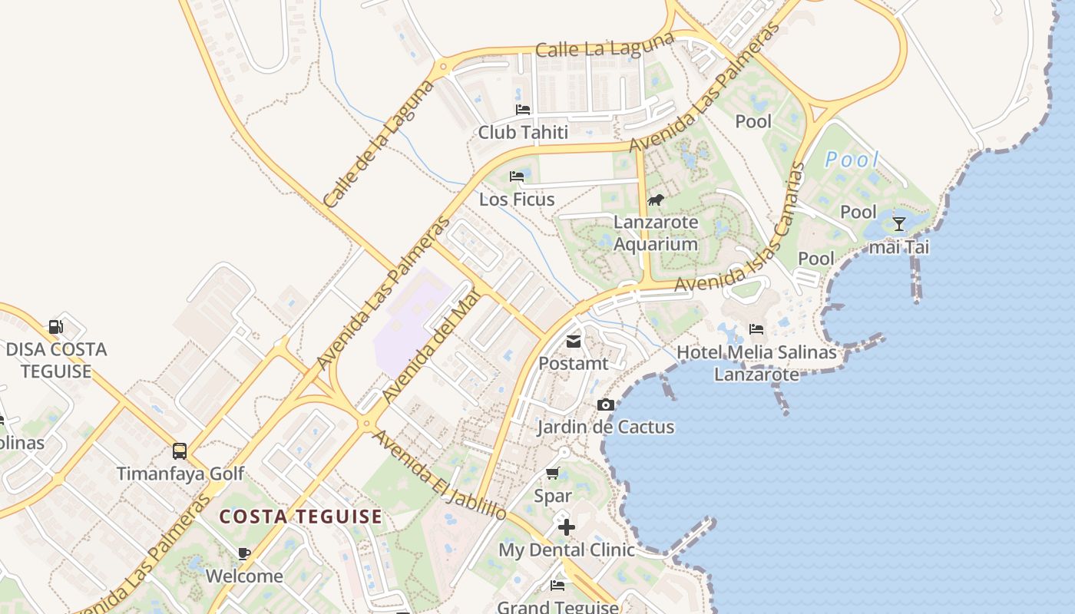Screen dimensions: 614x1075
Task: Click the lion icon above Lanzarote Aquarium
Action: coord(655,200)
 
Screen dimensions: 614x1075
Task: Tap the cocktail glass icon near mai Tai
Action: coord(899,224)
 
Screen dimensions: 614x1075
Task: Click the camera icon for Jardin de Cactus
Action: coord(606,405)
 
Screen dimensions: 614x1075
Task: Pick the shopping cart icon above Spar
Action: coord(552,474)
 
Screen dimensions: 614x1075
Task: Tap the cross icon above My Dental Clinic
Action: coord(567,527)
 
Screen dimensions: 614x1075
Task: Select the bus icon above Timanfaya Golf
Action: coord(180,451)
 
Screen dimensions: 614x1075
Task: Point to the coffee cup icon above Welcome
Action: coord(244,553)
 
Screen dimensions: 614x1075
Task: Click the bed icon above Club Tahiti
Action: coord(523,110)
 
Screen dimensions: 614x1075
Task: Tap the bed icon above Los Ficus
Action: coord(517,177)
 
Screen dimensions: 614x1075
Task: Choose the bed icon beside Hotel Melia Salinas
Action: coord(756,330)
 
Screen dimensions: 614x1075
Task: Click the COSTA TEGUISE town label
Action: coord(300,517)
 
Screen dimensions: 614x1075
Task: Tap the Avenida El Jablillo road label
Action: coord(440,476)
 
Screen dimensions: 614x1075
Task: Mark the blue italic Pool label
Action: coord(852,160)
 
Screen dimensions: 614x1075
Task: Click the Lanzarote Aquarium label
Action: coord(656,233)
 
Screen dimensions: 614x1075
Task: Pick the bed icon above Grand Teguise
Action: coord(557,586)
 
